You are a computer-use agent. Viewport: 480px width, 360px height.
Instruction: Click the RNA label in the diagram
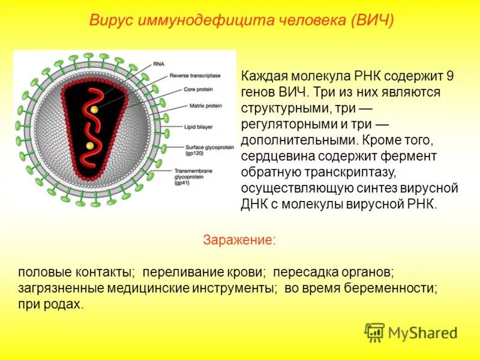point(159,63)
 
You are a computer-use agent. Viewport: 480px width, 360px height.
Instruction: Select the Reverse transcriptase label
point(195,76)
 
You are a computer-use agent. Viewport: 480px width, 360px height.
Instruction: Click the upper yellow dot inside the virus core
point(94,109)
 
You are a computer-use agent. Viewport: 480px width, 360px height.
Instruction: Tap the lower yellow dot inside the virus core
point(89,145)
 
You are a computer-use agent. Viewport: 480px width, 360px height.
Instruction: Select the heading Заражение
point(239,240)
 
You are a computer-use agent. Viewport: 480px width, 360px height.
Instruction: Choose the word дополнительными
point(298,140)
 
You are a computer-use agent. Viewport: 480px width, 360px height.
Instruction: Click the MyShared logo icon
point(374,332)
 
